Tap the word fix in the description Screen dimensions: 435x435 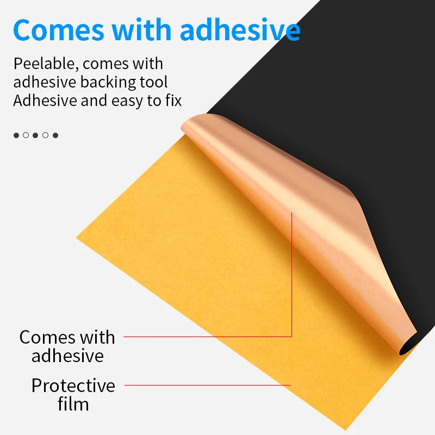173,101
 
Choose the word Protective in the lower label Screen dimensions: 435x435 73,386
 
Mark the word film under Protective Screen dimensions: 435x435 73,405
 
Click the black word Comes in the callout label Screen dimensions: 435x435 44,337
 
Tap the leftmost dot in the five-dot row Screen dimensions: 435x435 16,135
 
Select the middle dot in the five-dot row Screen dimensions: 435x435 35,135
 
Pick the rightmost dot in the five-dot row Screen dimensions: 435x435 55,135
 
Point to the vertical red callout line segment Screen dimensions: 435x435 292,272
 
